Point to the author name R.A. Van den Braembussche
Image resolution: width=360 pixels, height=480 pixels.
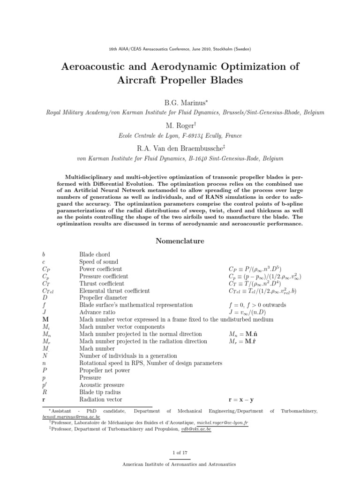(x=180, y=148)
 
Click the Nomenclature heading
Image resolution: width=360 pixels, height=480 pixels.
(x=180, y=241)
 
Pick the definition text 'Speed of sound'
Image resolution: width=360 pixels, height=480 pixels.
(x=98, y=262)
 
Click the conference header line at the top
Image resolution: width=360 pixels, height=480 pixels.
(x=180, y=49)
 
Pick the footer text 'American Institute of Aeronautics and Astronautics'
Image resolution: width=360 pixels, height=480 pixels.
(x=180, y=464)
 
